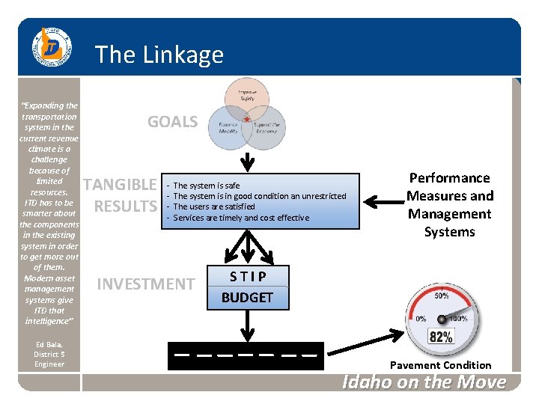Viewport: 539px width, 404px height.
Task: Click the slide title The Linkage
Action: point(159,55)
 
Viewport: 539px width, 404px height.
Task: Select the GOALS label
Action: point(172,122)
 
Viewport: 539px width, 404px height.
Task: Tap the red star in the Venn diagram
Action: point(246,119)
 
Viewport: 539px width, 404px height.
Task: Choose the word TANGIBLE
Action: point(120,185)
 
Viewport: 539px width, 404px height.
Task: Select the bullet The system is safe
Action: point(206,186)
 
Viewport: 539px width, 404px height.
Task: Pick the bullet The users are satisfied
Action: point(213,206)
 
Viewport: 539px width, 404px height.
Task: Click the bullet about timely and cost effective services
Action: point(240,218)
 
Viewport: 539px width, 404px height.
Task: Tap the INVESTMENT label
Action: point(145,284)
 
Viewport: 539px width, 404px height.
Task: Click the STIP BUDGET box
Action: point(247,287)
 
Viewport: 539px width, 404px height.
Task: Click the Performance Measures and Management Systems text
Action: point(450,205)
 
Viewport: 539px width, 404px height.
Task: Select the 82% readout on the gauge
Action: point(440,337)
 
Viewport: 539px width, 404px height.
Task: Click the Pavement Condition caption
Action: point(441,365)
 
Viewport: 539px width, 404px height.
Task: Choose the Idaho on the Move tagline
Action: point(424,382)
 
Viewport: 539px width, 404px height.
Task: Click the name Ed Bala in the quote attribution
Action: point(49,344)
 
